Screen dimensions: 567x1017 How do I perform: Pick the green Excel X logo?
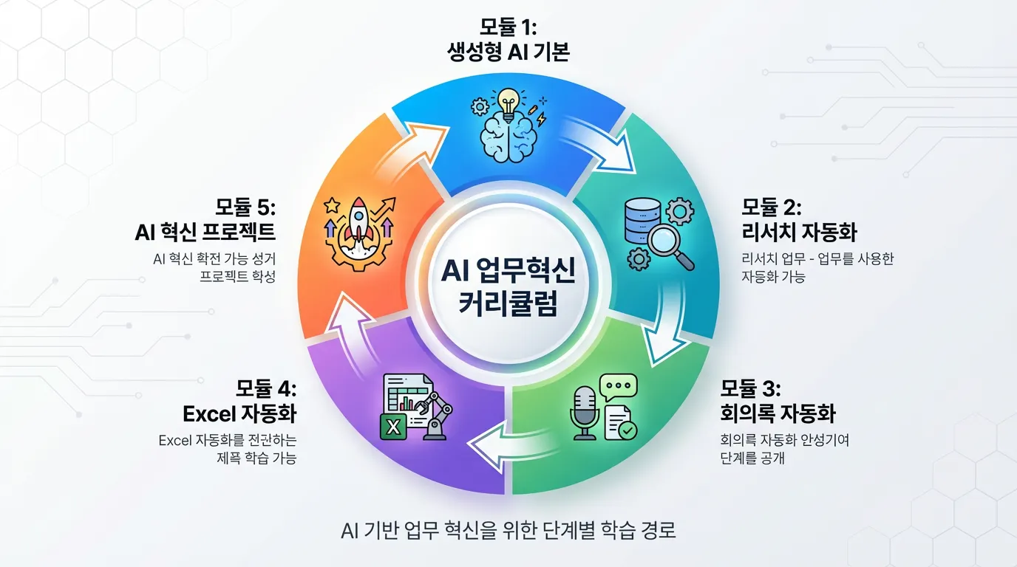click(394, 426)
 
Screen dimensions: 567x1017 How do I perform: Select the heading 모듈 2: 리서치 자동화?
click(798, 220)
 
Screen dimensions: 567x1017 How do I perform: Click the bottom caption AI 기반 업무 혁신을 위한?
click(508, 530)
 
